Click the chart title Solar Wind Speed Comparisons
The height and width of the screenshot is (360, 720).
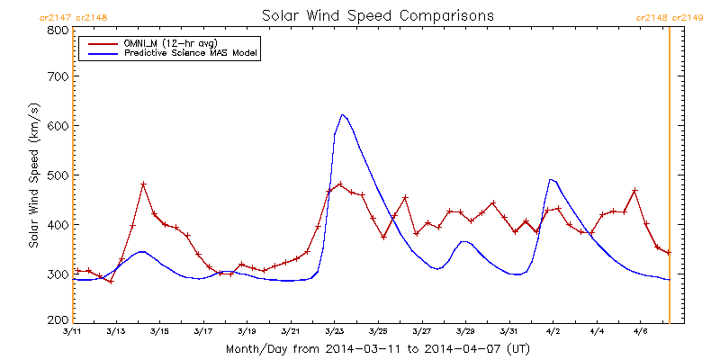[377, 16]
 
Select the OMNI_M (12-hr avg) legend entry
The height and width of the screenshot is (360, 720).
[163, 42]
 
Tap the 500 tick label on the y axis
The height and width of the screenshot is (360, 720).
[57, 175]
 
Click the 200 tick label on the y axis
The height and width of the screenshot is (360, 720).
[57, 320]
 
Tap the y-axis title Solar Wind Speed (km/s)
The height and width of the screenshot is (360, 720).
[33, 175]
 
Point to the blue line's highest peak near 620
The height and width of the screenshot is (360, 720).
[343, 114]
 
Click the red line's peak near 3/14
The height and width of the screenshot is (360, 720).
[143, 184]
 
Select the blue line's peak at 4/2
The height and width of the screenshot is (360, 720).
[552, 179]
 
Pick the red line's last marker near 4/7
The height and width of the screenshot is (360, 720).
[669, 253]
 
